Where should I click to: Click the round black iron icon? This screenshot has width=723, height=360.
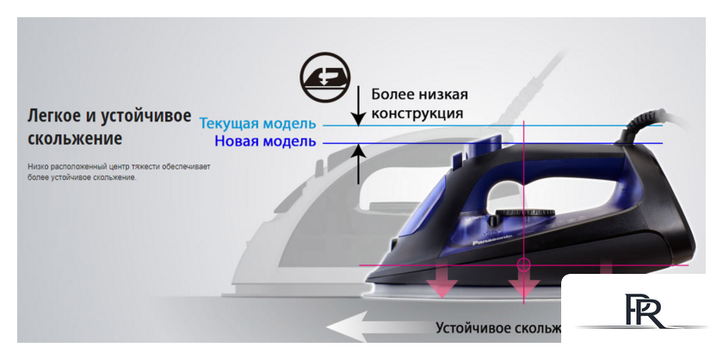[325, 76]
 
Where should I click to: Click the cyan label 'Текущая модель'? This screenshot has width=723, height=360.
[257, 124]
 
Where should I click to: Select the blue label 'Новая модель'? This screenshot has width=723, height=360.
[265, 141]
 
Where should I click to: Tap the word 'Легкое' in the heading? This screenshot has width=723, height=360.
[56, 116]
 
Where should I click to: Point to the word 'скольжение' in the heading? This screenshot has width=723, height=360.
[75, 138]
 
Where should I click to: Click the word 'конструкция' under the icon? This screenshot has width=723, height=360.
[417, 113]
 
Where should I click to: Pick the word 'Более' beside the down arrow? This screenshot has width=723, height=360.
[392, 93]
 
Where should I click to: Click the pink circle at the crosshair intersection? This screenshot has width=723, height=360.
[523, 264]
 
